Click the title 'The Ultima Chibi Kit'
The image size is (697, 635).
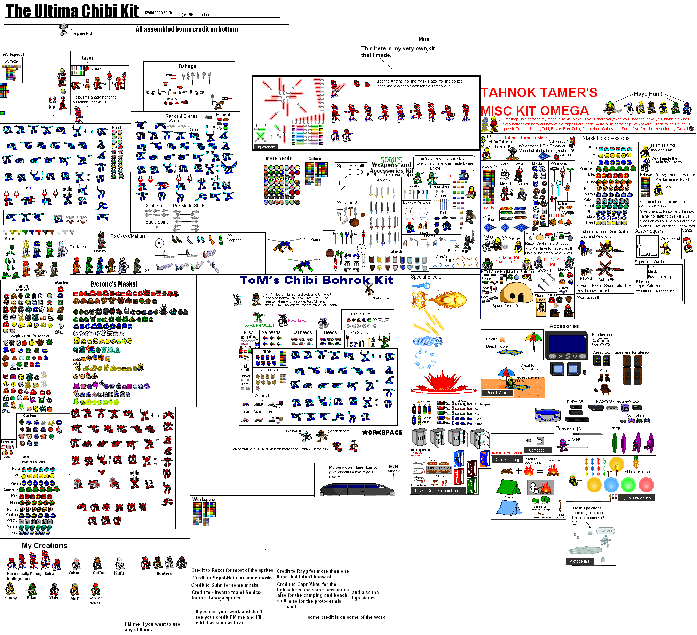coord(72,11)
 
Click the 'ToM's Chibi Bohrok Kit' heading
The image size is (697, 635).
coord(316,280)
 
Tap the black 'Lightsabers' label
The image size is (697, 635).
coord(266,147)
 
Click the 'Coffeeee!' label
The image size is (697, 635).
coord(537,450)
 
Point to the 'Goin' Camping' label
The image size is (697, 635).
coord(507,460)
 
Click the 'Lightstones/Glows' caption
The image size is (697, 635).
coord(636,497)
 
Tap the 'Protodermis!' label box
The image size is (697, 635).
coord(580,561)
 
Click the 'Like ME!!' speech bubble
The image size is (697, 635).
coord(605,531)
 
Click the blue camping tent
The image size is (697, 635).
coord(509,508)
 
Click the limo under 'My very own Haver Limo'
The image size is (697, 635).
coord(357,489)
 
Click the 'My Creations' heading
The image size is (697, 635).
coord(45,546)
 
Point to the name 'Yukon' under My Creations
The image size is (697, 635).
coord(74,573)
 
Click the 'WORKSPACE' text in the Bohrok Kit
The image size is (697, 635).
coord(382,432)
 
